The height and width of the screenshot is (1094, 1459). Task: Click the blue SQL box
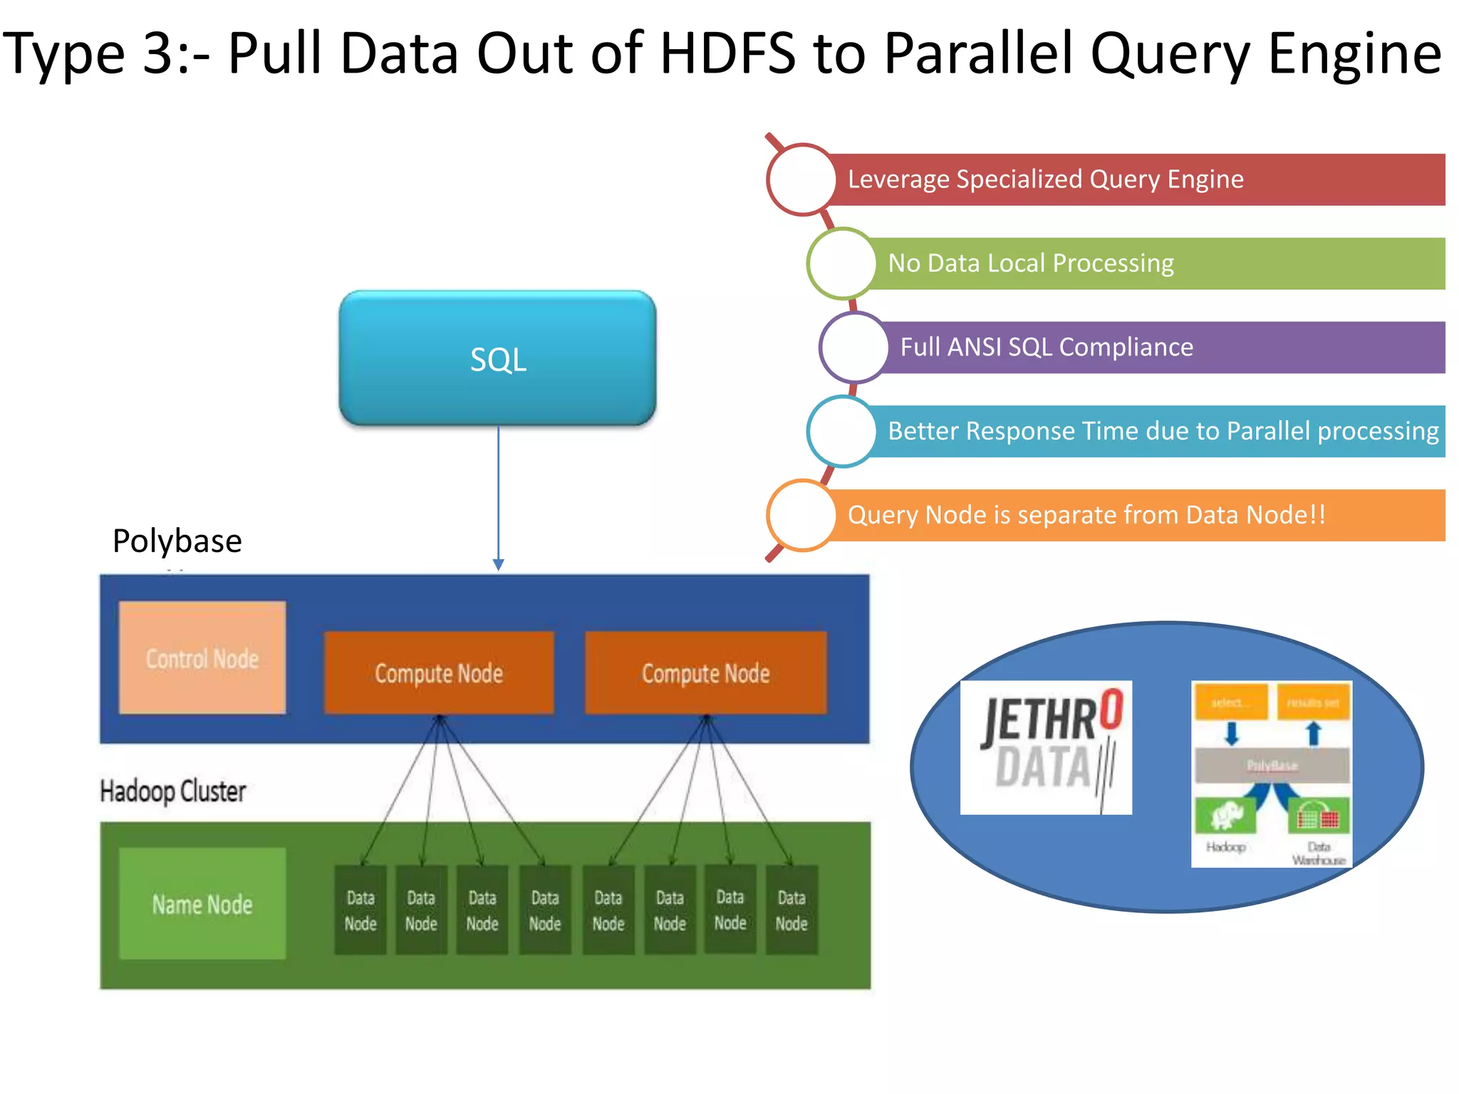coord(497,358)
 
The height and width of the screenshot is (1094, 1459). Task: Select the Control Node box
coord(202,658)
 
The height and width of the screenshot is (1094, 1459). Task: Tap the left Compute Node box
coord(439,672)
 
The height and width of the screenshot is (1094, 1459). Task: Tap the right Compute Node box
coord(705,672)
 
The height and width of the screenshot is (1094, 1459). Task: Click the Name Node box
coord(202,904)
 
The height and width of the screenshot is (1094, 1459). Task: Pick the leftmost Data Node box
coord(360,910)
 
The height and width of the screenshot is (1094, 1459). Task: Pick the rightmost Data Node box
coord(791,910)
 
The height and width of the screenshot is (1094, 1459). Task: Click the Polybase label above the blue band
coord(177,541)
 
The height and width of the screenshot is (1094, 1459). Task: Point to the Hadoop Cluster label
coord(173,791)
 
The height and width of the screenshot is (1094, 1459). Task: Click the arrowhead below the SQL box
coord(499,564)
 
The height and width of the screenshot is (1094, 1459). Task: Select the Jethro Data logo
coord(1046,747)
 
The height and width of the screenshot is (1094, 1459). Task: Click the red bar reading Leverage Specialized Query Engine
coord(1133,179)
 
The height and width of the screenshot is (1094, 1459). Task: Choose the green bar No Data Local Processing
coord(1154,264)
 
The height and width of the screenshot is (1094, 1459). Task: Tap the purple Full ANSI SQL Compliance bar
coord(1161,348)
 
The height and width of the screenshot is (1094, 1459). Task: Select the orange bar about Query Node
coord(1133,515)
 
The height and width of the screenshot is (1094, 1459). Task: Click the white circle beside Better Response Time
coord(842,432)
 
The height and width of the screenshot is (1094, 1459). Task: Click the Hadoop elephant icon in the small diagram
coord(1226,816)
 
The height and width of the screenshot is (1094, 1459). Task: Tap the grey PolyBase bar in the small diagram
coord(1272,766)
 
